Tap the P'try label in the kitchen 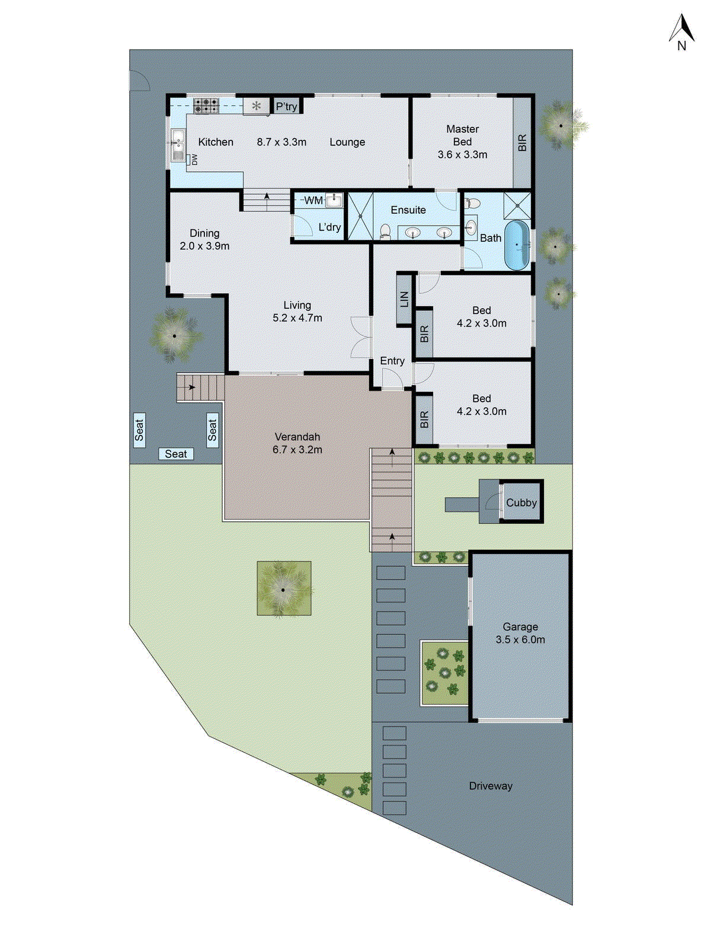click(x=286, y=107)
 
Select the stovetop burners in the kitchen click(x=206, y=106)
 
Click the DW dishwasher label click(x=194, y=159)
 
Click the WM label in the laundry click(x=313, y=200)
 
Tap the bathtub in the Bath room click(x=517, y=244)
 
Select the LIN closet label click(x=405, y=299)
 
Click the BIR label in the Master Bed click(x=522, y=143)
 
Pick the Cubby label click(x=521, y=502)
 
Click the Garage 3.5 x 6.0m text click(x=520, y=639)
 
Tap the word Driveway click(x=491, y=786)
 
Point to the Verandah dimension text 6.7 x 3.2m click(x=297, y=450)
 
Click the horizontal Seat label click(x=176, y=454)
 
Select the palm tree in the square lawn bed click(x=283, y=589)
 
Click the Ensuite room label click(x=408, y=210)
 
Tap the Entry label click(x=392, y=361)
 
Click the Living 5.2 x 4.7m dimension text click(x=297, y=318)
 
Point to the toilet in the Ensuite click(x=385, y=231)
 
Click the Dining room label click(x=204, y=233)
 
